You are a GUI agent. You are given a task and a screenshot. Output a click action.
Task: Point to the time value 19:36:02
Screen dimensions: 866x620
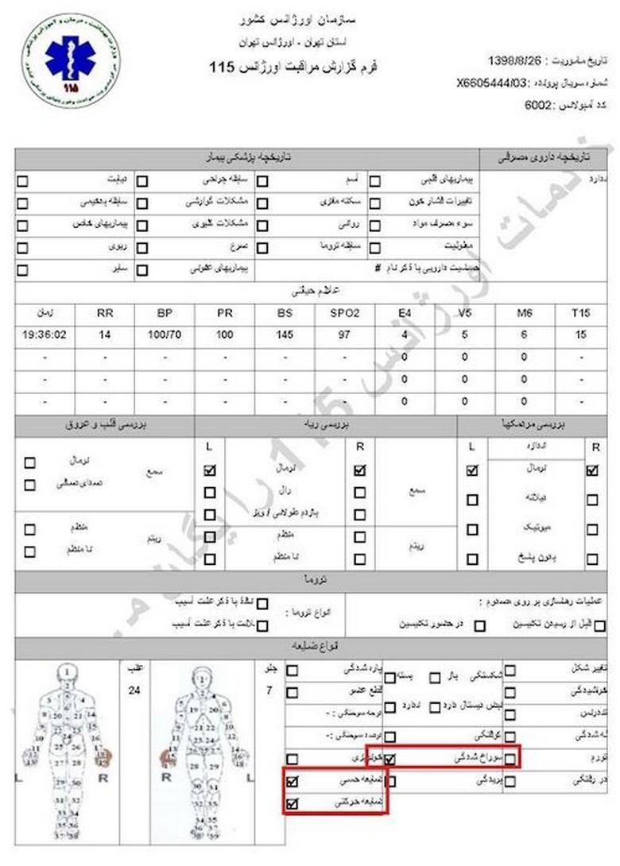tap(45, 334)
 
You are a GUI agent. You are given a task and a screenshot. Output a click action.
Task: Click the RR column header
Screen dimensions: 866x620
tap(105, 313)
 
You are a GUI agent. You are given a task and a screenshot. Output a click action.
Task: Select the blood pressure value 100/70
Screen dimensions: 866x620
tap(165, 334)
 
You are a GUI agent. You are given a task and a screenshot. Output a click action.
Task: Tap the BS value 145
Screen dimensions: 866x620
tap(285, 334)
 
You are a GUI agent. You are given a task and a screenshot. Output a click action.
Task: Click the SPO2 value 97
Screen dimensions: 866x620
tap(344, 334)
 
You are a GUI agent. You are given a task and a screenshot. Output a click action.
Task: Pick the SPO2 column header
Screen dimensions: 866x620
tap(344, 313)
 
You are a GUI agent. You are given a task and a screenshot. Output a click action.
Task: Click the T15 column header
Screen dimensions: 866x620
tap(580, 313)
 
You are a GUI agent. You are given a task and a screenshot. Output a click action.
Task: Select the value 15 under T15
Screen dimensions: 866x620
tap(580, 334)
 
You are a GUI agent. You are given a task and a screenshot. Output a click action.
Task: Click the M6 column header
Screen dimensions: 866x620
tap(523, 313)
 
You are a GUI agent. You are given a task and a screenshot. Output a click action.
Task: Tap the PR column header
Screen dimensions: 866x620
tap(224, 313)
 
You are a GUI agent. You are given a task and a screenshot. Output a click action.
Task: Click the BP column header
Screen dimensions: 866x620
tap(165, 313)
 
